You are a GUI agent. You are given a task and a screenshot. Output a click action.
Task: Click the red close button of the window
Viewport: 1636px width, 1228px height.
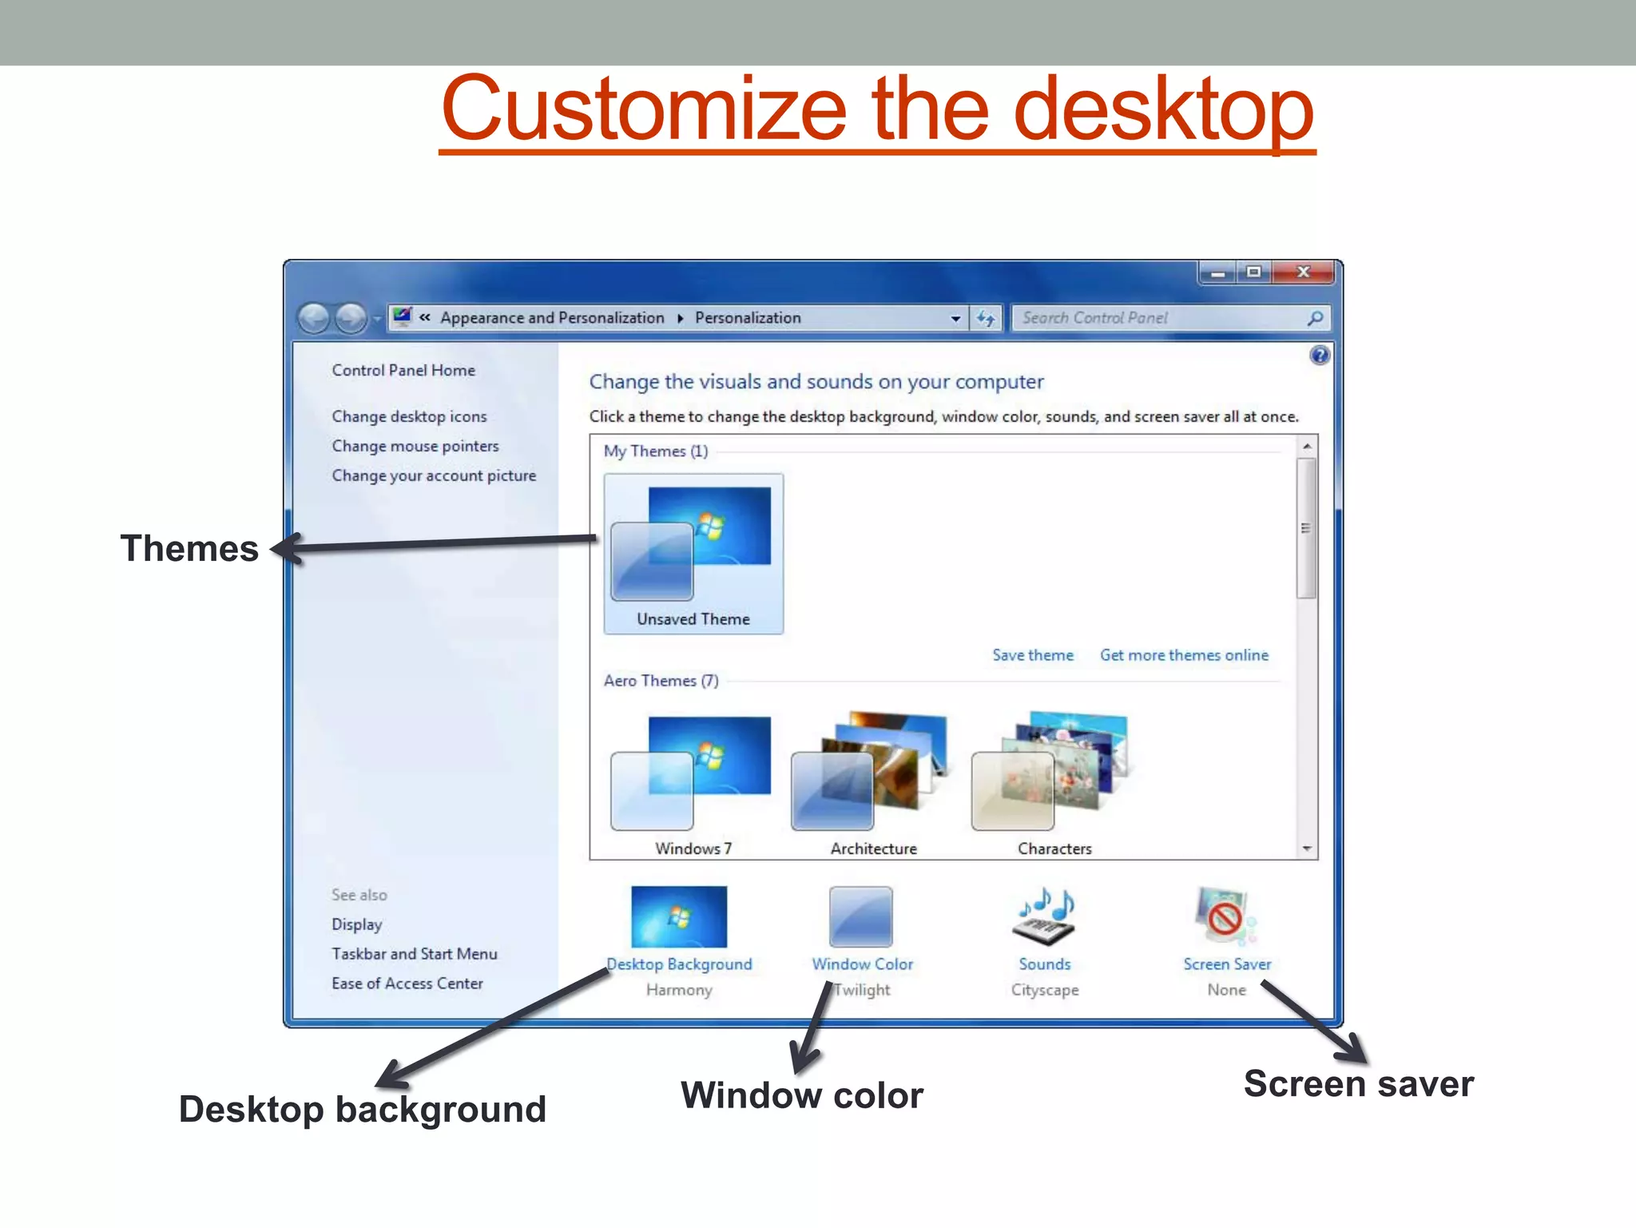[1303, 272]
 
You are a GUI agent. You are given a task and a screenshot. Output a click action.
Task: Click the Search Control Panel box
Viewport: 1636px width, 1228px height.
[1158, 318]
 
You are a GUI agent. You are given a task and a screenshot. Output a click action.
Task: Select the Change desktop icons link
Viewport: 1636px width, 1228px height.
[409, 416]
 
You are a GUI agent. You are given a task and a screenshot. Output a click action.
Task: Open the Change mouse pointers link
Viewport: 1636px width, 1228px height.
[415, 446]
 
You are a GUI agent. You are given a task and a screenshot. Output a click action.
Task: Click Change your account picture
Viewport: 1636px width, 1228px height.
[434, 475]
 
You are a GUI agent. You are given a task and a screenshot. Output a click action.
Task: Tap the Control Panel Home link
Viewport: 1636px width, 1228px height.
[403, 370]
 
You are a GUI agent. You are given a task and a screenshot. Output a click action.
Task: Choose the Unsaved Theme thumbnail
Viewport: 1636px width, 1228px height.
[693, 551]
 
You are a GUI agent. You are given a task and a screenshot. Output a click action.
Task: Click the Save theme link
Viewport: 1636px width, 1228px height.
[1032, 655]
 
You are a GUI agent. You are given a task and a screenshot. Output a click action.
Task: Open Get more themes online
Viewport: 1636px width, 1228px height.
[1184, 655]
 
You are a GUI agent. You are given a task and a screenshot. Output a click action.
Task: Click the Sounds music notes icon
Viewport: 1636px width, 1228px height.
[1045, 917]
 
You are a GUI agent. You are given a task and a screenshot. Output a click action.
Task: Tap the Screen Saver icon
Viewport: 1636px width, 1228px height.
[1225, 917]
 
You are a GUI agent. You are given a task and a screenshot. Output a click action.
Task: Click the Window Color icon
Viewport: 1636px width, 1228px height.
[860, 917]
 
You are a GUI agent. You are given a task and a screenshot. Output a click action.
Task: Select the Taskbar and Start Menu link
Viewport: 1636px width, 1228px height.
[414, 954]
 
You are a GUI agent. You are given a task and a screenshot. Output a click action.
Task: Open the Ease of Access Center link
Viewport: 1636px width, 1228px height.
[407, 984]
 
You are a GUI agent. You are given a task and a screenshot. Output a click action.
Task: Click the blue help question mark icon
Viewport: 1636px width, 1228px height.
[1320, 356]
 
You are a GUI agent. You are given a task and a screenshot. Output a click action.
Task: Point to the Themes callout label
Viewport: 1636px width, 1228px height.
[189, 549]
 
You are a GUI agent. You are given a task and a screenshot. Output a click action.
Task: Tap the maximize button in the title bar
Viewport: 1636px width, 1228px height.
[1253, 272]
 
